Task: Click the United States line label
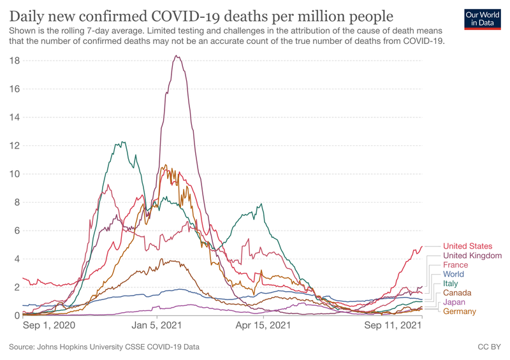(x=467, y=247)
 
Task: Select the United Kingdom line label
(x=472, y=256)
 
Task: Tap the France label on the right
(x=455, y=265)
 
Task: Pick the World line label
(x=454, y=275)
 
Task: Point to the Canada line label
(x=457, y=293)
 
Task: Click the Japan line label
(x=454, y=302)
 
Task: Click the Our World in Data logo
(x=482, y=19)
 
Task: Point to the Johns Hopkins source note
(x=105, y=347)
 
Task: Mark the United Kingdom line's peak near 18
(x=177, y=56)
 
